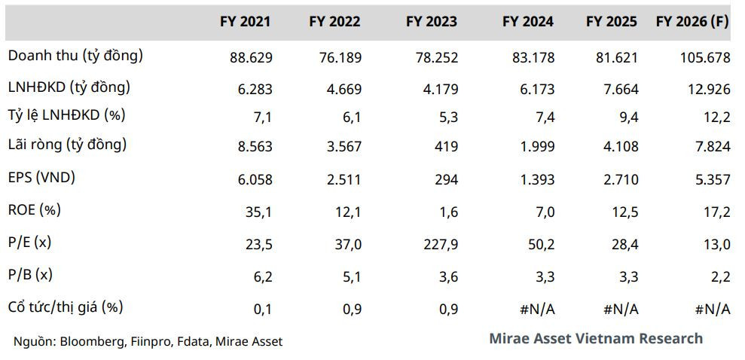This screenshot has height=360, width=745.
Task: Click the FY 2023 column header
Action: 432,21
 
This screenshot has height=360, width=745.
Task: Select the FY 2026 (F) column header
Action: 692,22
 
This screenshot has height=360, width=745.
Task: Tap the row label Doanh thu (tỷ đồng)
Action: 75,56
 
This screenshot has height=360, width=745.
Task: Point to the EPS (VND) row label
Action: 42,178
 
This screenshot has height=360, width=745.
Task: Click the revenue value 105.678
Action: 704,58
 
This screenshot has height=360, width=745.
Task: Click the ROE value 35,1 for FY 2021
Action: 259,212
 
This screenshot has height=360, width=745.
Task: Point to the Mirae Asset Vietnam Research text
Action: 596,338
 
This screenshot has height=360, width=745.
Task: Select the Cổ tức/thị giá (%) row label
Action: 66,307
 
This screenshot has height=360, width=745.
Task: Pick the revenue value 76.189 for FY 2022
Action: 340,58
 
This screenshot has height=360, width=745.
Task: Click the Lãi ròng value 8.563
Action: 255,147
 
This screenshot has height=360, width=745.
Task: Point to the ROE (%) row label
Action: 35,210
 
